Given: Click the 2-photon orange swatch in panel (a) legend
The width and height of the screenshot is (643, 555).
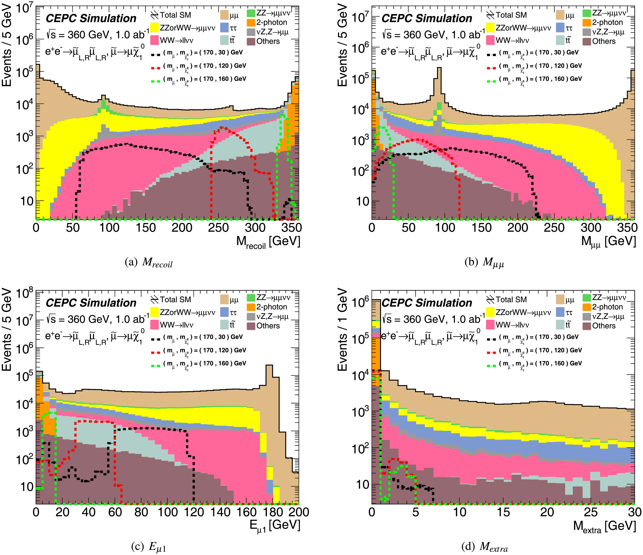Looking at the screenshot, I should [251, 22].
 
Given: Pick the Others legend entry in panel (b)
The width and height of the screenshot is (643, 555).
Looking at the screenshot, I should [604, 41].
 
